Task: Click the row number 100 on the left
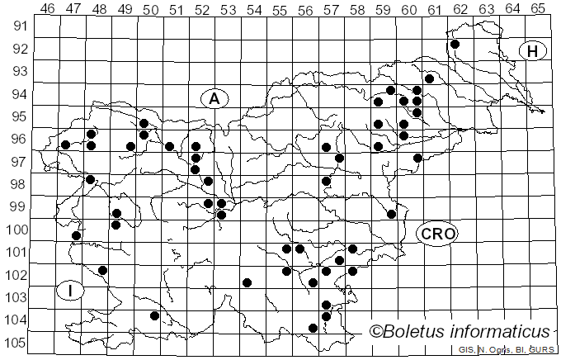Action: pyautogui.click(x=18, y=230)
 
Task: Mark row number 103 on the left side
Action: pyautogui.click(x=18, y=297)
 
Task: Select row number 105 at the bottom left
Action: pyautogui.click(x=18, y=343)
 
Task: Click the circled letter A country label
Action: pyautogui.click(x=214, y=98)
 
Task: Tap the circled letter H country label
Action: pyautogui.click(x=533, y=51)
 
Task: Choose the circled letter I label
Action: pyautogui.click(x=71, y=291)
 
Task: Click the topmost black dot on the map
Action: pyautogui.click(x=455, y=45)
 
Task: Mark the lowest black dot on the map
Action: pyautogui.click(x=313, y=328)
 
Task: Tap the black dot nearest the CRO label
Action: pyautogui.click(x=392, y=214)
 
